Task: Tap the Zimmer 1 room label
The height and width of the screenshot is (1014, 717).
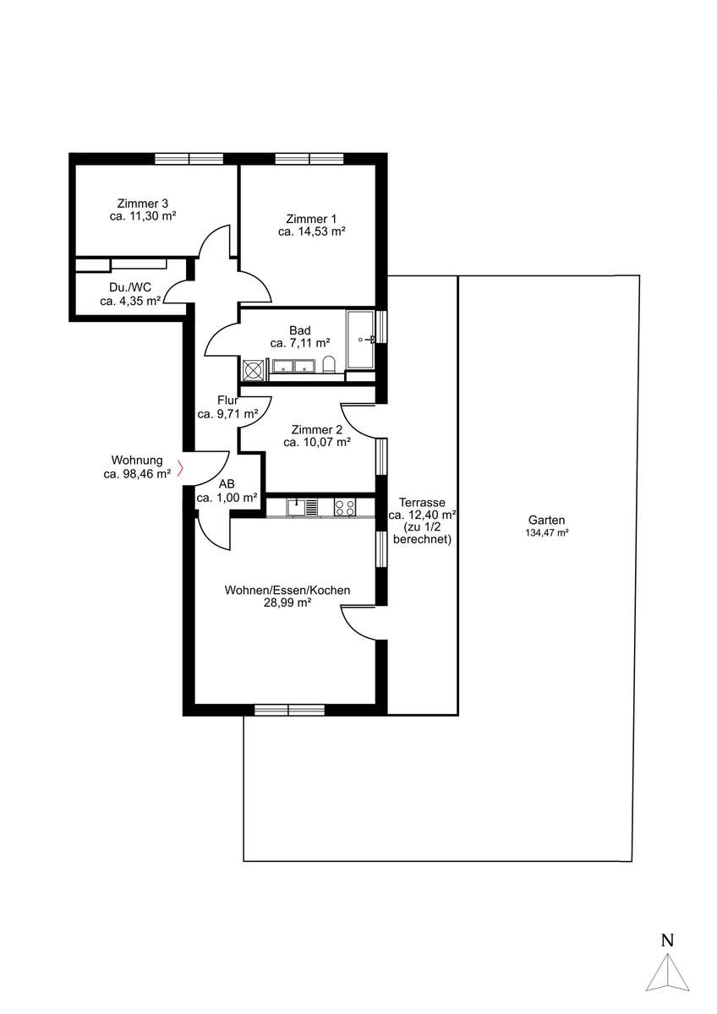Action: coord(311,219)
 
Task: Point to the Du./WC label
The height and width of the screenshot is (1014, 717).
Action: coord(130,287)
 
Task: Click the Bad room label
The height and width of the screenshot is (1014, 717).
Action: coord(300,330)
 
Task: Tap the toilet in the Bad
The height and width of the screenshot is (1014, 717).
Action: coord(329,363)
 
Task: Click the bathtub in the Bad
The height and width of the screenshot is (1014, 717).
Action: coord(360,339)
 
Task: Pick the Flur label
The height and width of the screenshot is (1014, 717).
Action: coord(227,401)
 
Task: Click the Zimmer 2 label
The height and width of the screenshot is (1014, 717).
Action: coord(317,429)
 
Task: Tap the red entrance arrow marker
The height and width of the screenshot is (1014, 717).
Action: coord(180,468)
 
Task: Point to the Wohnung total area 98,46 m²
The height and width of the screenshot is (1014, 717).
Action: coord(137,474)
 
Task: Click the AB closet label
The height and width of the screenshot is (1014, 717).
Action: coord(227,484)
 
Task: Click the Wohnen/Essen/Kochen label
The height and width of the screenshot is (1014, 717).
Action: coord(287,591)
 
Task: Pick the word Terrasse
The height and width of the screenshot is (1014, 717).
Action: coord(422,503)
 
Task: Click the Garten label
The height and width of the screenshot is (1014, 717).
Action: coord(547,521)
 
